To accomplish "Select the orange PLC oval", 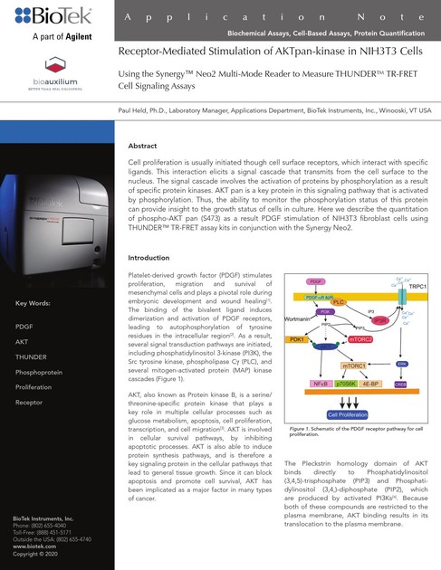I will pos(340,301).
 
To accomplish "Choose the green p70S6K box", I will pos(348,384).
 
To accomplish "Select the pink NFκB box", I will pos(320,384).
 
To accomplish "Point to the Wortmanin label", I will pos(300,318).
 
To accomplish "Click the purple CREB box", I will pos(400,384).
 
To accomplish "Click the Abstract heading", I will pos(144,146).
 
